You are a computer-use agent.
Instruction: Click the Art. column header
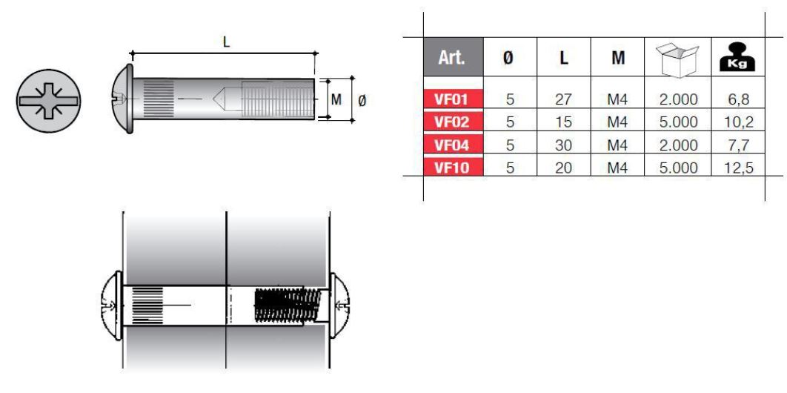[x=454, y=57]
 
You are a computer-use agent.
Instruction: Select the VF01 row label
[x=454, y=99]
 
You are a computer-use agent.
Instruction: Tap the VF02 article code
[x=454, y=122]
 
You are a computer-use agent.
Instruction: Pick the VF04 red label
[x=454, y=145]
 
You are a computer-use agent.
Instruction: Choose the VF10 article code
[x=454, y=167]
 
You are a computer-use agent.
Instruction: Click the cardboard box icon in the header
[x=677, y=59]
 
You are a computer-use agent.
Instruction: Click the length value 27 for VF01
[x=564, y=99]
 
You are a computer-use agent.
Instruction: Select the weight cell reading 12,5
[x=739, y=168]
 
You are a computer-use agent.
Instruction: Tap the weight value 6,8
[x=737, y=99]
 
